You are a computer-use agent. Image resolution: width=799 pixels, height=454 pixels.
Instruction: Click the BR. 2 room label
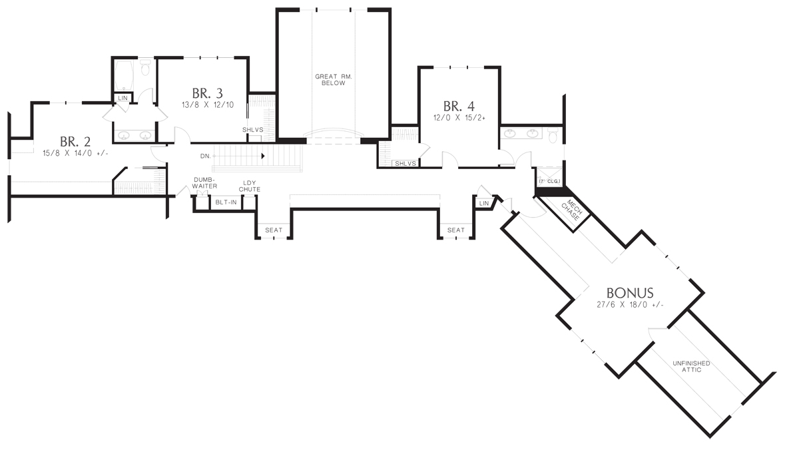[x=75, y=142]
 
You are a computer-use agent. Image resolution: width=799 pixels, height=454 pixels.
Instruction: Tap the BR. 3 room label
[x=208, y=93]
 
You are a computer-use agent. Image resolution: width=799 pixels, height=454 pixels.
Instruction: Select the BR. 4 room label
[x=459, y=107]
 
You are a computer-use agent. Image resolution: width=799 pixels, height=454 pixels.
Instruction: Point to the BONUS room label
[x=630, y=293]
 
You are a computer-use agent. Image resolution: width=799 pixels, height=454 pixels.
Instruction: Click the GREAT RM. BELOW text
[x=334, y=80]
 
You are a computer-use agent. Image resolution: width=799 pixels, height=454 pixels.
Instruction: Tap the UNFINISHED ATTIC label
[x=691, y=367]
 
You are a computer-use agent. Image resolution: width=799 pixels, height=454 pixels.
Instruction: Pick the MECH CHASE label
[x=572, y=210]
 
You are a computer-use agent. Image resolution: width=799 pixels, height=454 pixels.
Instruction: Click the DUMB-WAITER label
[x=205, y=183]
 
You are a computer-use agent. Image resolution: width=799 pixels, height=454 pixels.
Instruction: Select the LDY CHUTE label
[x=249, y=186]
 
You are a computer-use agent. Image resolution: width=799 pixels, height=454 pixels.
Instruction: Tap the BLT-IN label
[x=226, y=202]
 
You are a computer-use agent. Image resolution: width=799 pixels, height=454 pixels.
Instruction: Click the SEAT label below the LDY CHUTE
[x=274, y=230]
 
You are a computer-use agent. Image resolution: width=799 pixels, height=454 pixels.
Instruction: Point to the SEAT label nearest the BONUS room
[x=456, y=230]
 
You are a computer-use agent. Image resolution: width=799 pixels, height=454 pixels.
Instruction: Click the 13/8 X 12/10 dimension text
[x=208, y=105]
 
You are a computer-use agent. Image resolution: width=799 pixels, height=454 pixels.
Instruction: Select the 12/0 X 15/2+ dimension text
[x=459, y=118]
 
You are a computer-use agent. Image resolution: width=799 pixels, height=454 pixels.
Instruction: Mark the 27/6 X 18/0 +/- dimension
[x=630, y=305]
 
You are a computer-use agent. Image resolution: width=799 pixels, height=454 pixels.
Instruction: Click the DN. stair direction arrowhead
[x=263, y=156]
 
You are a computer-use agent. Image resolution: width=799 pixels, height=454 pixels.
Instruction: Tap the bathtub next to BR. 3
[x=124, y=76]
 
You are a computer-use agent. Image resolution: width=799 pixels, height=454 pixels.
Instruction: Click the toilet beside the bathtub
[x=145, y=68]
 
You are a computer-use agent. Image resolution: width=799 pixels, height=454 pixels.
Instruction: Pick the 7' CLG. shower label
[x=550, y=181]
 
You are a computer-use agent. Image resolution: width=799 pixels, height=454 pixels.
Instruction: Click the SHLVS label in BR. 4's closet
[x=405, y=164]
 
